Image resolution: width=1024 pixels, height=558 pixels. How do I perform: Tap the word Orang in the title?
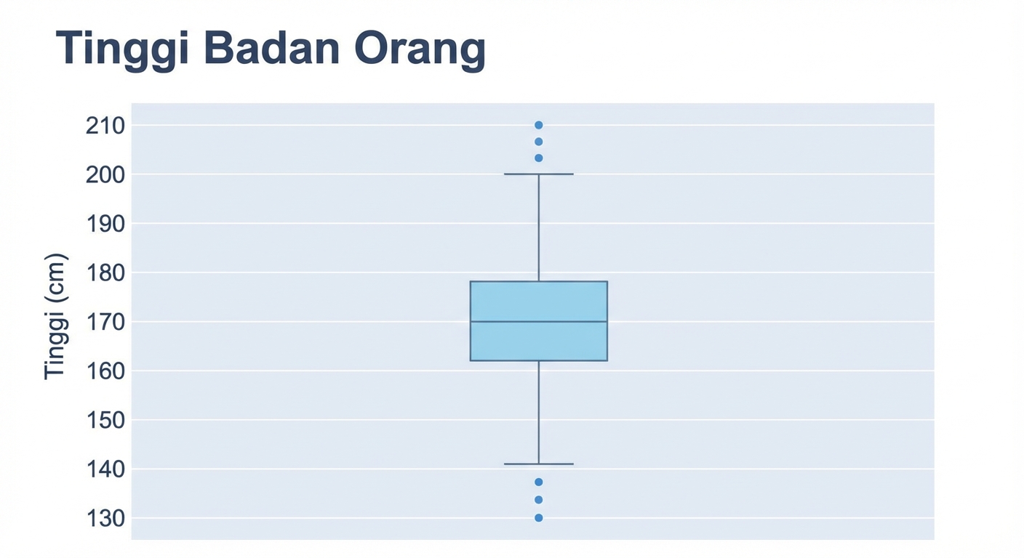(420, 50)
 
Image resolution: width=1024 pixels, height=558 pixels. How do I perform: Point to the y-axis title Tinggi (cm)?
(55, 316)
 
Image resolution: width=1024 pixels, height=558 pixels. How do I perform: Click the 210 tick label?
(105, 126)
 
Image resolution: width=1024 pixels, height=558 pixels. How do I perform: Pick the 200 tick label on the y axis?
(105, 174)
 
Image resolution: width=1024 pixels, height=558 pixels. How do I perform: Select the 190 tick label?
(105, 224)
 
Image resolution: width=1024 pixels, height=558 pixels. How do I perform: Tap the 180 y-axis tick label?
(105, 273)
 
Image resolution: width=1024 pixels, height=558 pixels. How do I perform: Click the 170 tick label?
(105, 322)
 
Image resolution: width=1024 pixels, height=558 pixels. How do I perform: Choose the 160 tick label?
(105, 371)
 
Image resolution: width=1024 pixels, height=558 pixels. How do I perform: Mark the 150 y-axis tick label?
(105, 420)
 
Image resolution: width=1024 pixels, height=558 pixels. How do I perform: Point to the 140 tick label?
(105, 469)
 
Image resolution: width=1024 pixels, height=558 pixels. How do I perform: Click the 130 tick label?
(105, 519)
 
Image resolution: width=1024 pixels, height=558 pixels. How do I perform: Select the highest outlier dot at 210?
(539, 125)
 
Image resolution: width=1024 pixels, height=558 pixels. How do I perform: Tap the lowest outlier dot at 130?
(539, 518)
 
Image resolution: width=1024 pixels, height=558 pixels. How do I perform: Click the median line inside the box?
(539, 321)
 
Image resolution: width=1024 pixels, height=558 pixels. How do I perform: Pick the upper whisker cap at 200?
(539, 174)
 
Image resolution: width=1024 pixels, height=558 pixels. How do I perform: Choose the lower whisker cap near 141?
(539, 464)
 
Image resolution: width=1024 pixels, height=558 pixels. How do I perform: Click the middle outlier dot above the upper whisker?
(539, 142)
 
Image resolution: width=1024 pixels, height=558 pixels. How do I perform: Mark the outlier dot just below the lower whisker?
(539, 482)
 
